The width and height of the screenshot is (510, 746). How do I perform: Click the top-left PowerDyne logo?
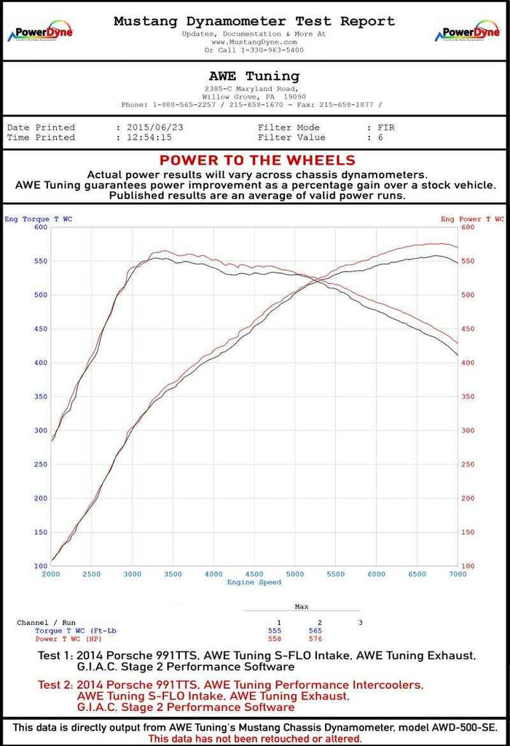pyautogui.click(x=39, y=33)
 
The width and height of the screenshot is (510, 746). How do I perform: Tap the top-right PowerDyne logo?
pyautogui.click(x=467, y=33)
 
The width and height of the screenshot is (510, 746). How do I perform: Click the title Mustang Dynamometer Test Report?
pyautogui.click(x=254, y=21)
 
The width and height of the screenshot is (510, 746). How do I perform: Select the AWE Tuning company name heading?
pyautogui.click(x=254, y=76)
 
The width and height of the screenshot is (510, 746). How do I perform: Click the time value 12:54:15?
pyautogui.click(x=148, y=137)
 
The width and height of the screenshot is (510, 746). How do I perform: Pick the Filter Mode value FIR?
pyautogui.click(x=382, y=127)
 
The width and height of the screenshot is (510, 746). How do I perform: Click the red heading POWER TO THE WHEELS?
pyautogui.click(x=257, y=160)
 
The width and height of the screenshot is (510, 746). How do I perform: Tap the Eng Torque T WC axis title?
pyautogui.click(x=39, y=219)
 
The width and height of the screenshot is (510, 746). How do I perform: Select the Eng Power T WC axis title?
pyautogui.click(x=472, y=219)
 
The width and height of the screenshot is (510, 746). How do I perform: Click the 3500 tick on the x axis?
pyautogui.click(x=173, y=575)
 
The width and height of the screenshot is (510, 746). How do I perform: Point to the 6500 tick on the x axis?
pyautogui.click(x=417, y=575)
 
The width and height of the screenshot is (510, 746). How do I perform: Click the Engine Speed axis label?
pyautogui.click(x=254, y=583)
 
